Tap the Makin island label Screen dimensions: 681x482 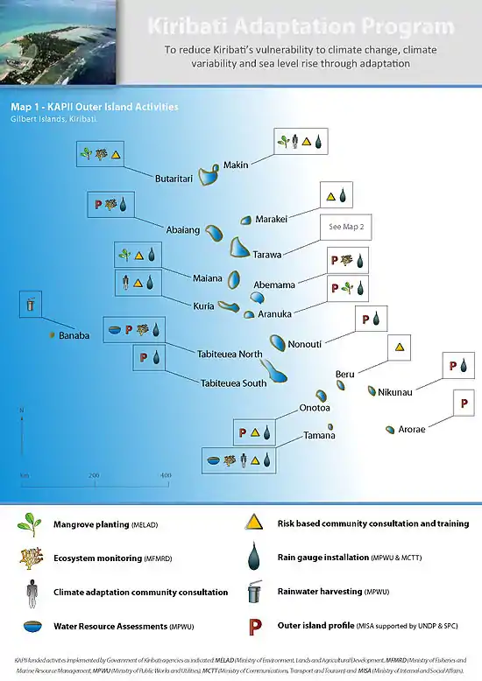click(x=236, y=165)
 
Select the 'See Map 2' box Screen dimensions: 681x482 click(x=346, y=227)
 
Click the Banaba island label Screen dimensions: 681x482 click(x=74, y=335)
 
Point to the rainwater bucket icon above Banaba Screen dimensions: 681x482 click(x=32, y=305)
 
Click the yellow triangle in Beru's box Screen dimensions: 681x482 click(x=399, y=347)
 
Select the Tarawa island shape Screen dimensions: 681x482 click(x=239, y=247)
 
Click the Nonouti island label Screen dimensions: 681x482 click(x=305, y=344)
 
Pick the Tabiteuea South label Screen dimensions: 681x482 click(x=233, y=383)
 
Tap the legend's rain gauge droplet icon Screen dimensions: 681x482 click(x=254, y=558)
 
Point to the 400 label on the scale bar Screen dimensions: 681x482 click(x=165, y=474)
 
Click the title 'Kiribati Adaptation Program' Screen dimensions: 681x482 click(x=301, y=25)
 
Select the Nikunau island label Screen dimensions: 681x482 click(x=395, y=392)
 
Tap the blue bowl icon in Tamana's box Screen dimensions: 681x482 click(x=213, y=460)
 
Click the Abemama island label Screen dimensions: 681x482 click(x=274, y=284)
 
